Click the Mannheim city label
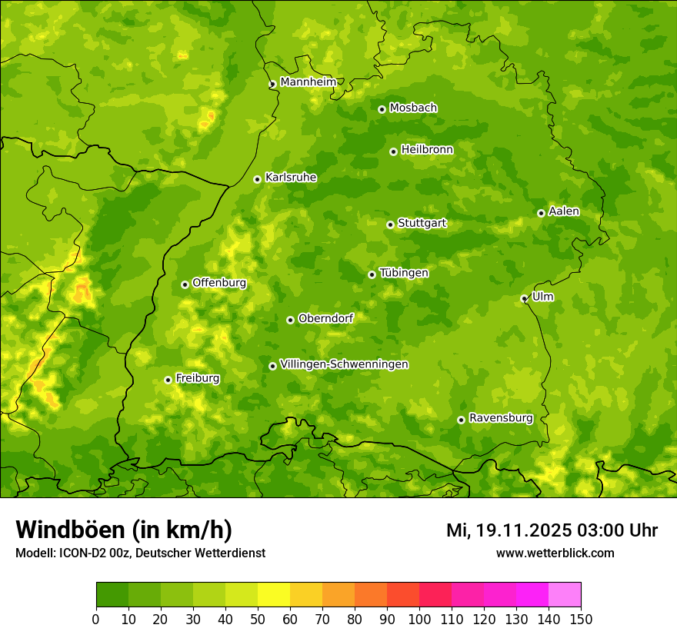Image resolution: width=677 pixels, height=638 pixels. (308, 82)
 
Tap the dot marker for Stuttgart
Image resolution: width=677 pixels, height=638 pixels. (390, 224)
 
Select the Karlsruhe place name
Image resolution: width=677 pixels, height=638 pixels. (291, 178)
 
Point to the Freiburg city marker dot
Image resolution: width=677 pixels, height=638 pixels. (168, 380)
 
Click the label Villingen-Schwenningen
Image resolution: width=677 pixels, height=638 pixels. (344, 364)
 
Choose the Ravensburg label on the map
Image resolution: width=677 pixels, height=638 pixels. (501, 418)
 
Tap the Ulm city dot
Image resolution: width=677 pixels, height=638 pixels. (524, 298)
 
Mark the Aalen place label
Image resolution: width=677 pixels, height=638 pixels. (564, 211)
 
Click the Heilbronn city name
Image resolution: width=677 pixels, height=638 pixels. (427, 150)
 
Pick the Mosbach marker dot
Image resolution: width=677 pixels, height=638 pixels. (382, 109)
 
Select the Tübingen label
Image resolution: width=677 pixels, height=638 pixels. (404, 273)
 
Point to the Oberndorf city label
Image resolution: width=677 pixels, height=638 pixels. (325, 318)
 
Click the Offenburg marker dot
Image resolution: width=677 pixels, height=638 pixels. (185, 284)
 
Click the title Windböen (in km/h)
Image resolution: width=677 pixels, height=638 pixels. (124, 530)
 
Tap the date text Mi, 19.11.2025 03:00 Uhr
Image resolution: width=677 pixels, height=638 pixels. (552, 530)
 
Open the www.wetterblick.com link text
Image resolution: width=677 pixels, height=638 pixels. (555, 553)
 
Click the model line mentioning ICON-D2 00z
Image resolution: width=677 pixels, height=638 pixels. (140, 553)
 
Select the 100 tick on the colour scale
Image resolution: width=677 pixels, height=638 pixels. (419, 619)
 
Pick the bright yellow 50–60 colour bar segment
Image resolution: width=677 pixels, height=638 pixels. (274, 595)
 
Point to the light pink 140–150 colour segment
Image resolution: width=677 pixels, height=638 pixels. (565, 595)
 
